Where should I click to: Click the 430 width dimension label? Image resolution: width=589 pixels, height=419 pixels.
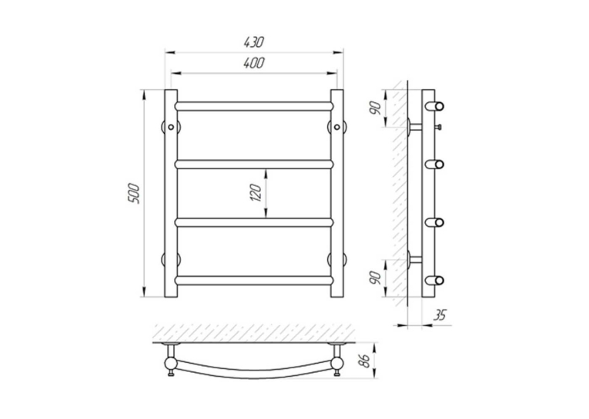tap(254, 42)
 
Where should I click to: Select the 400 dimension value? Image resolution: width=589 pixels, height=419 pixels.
tap(254, 62)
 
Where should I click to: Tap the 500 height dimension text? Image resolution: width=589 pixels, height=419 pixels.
tap(134, 194)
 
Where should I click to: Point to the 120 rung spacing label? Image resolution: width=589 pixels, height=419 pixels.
tap(256, 192)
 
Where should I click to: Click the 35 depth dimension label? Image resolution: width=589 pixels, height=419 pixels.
tap(440, 314)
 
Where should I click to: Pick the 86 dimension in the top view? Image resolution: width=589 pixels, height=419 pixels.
tap(365, 360)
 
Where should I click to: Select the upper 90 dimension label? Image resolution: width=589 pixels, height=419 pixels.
tap(375, 108)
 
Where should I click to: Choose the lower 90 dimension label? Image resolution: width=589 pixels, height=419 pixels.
tap(375, 278)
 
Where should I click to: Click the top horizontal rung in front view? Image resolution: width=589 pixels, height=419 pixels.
tap(254, 106)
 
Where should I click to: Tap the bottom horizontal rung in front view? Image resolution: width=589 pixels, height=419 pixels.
tap(254, 281)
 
